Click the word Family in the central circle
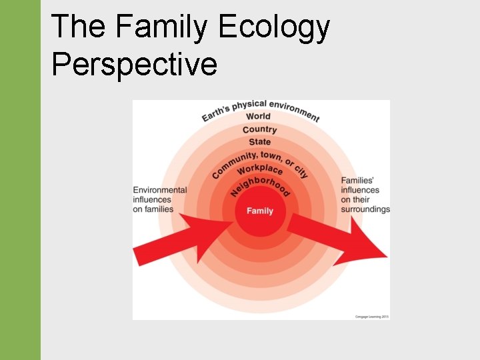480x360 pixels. tap(260, 211)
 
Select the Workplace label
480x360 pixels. tap(260, 168)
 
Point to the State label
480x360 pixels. tap(260, 142)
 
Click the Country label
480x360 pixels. tap(260, 129)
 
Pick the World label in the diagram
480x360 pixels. tap(259, 117)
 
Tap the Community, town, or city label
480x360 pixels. tap(260, 159)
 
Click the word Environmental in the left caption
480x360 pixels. tap(160, 190)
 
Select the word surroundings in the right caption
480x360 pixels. tap(365, 209)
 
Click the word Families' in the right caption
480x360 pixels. tap(359, 180)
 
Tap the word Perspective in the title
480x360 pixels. tap(134, 64)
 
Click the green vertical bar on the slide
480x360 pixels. tap(20, 180)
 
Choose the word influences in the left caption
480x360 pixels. tap(152, 199)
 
